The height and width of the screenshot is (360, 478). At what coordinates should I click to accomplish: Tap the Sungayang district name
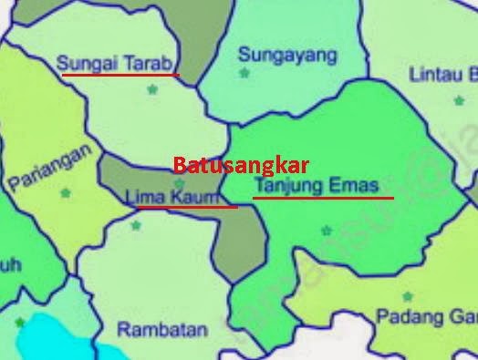[286, 54]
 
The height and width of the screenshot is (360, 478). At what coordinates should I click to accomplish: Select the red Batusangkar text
[241, 165]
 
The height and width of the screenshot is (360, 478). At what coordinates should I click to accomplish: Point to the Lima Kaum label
[171, 196]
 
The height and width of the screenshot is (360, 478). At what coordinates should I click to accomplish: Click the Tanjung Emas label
[316, 185]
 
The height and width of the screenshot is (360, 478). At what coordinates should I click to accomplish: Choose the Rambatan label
[162, 329]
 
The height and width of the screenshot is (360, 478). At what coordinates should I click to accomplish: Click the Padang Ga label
[426, 316]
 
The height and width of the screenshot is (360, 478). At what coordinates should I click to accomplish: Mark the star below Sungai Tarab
[152, 89]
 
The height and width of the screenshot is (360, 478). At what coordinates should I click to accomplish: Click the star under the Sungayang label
[244, 73]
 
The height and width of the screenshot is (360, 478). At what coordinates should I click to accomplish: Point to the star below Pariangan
[65, 192]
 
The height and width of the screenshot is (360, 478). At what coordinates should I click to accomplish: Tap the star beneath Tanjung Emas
[326, 231]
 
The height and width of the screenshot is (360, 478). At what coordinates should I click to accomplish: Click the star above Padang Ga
[407, 296]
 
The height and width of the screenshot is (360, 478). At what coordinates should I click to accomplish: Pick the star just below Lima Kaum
[136, 224]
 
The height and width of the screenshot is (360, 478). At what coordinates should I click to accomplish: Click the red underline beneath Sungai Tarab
[119, 75]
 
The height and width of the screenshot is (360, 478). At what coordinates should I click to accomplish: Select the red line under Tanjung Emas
[323, 197]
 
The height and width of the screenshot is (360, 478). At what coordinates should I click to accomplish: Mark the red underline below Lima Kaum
[187, 207]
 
